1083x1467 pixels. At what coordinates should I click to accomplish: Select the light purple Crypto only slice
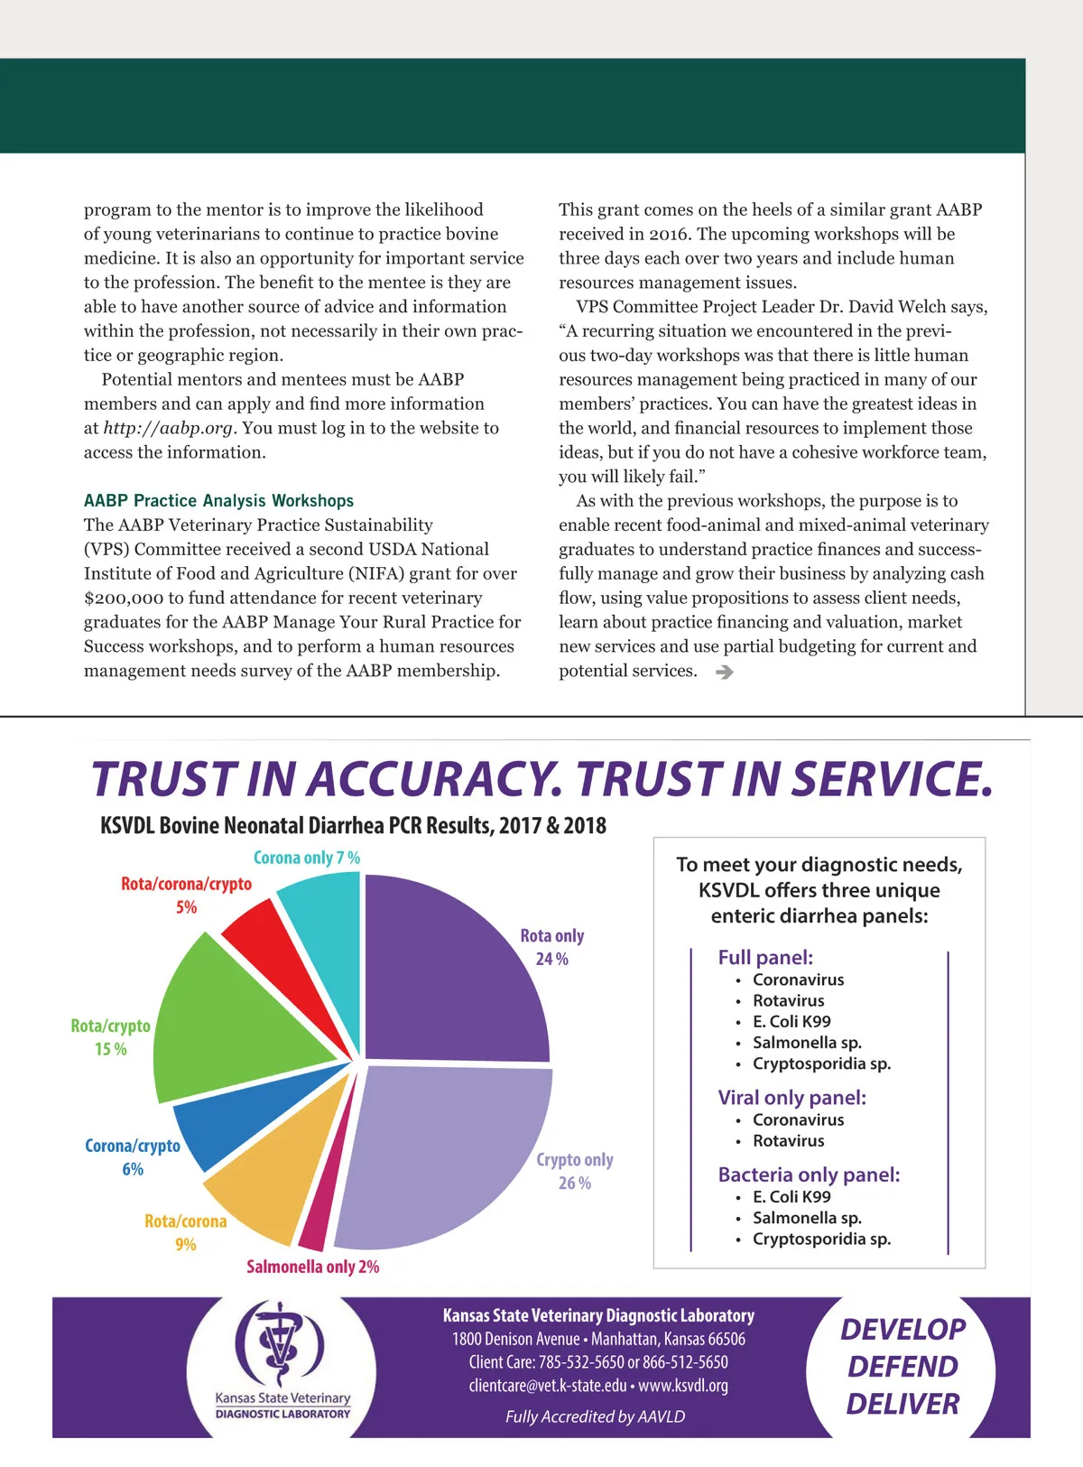point(442,1156)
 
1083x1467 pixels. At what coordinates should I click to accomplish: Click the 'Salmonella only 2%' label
point(312,1267)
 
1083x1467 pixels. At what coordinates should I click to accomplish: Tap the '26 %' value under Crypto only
point(575,1183)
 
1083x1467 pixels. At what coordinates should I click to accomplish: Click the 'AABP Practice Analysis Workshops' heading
point(218,500)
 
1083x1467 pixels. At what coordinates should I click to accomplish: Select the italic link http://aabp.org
point(168,428)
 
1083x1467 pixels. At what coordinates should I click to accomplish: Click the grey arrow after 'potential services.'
point(724,672)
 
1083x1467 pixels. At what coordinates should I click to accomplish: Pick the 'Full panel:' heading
point(765,957)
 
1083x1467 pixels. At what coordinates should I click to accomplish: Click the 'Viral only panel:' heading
point(791,1097)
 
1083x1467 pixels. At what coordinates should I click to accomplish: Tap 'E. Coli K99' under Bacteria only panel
point(791,1196)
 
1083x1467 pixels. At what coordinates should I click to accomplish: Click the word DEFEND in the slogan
point(902,1367)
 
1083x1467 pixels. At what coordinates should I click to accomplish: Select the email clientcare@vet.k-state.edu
point(547,1385)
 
